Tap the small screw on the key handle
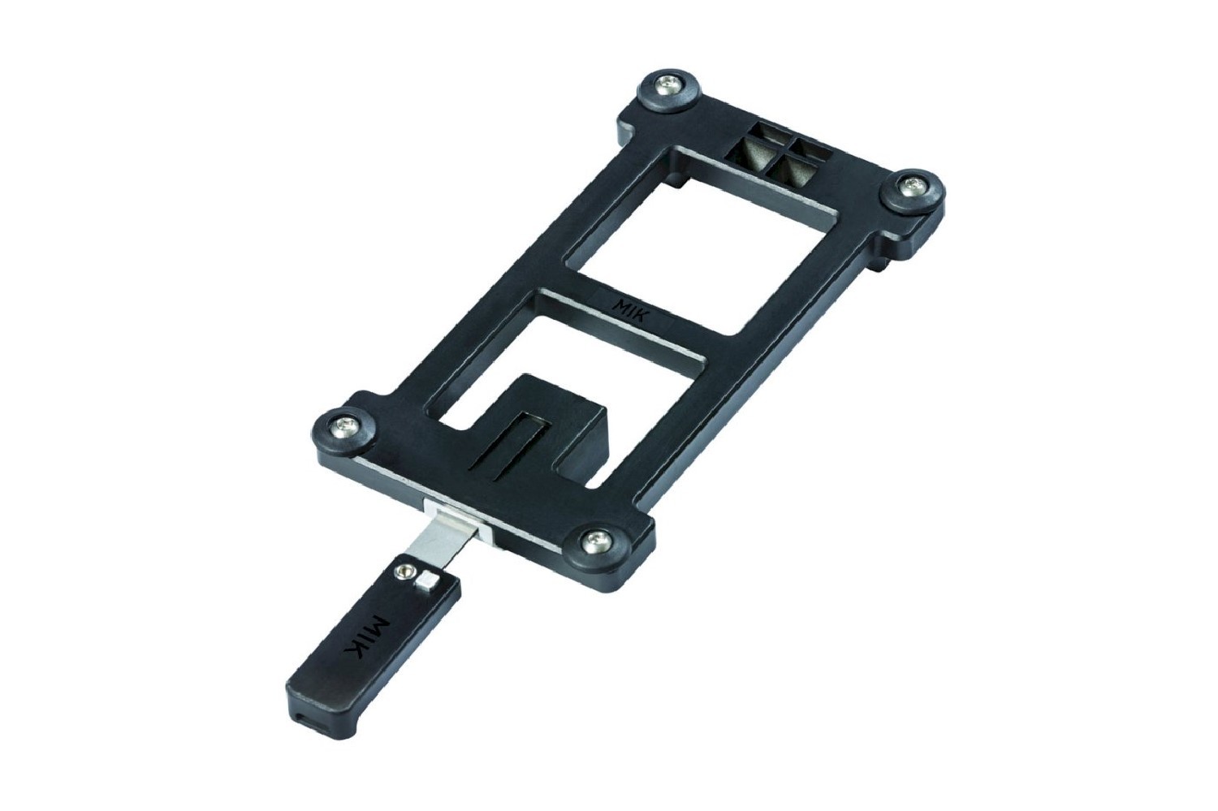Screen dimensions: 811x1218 pos(400,572)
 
